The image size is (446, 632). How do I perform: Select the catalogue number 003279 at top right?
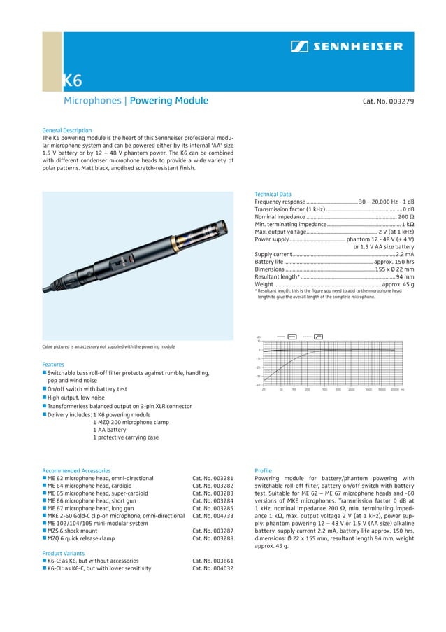(x=388, y=101)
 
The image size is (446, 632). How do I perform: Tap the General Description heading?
(x=66, y=130)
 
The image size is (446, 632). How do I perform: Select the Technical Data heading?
(x=273, y=194)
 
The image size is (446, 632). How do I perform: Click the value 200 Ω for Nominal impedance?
(x=405, y=216)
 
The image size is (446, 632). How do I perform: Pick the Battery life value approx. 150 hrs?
(x=394, y=262)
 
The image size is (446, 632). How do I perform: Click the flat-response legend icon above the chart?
(x=292, y=336)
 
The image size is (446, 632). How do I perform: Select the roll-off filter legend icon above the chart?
(x=318, y=336)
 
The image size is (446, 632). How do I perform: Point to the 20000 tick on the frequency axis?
(x=396, y=389)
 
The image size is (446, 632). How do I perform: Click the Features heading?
(x=53, y=365)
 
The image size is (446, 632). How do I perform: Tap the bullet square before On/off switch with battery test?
(x=44, y=389)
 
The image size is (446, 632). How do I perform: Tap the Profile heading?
(x=263, y=471)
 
